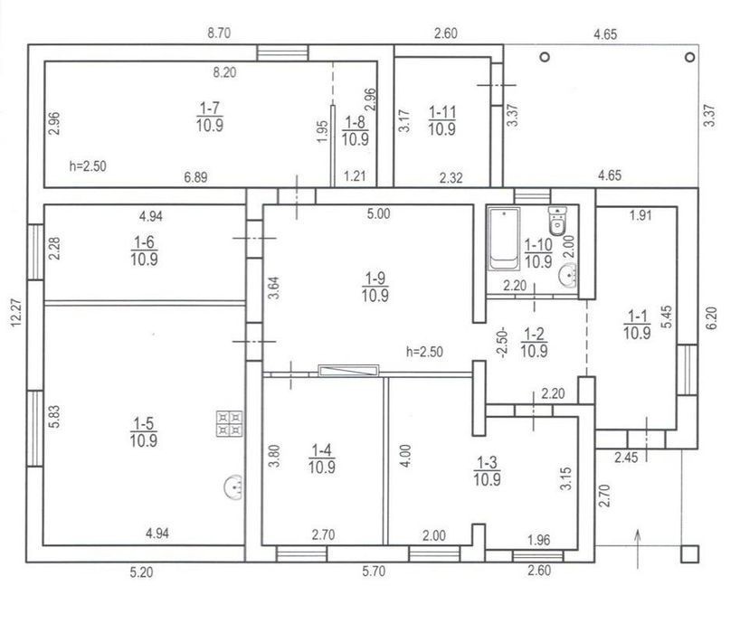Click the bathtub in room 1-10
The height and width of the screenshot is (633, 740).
click(x=504, y=239)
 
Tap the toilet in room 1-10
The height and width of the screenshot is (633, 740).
click(x=557, y=222)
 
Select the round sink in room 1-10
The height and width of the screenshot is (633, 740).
click(x=568, y=275)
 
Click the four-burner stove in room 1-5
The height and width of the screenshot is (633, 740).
click(x=230, y=423)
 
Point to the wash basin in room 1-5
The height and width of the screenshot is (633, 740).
click(x=234, y=487)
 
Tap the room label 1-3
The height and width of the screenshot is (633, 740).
click(x=487, y=471)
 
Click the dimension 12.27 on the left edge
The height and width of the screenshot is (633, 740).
click(x=15, y=312)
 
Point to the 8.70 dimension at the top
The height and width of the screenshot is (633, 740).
click(x=219, y=33)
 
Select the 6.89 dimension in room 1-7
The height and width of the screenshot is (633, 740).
click(x=195, y=177)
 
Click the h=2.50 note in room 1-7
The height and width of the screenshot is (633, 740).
click(x=88, y=166)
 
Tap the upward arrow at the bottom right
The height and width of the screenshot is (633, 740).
click(x=638, y=549)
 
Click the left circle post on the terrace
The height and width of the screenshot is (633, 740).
click(x=546, y=57)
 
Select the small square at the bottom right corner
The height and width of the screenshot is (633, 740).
click(x=689, y=553)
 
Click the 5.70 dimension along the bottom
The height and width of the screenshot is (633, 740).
click(x=374, y=572)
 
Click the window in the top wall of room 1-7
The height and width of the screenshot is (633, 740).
click(x=282, y=52)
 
